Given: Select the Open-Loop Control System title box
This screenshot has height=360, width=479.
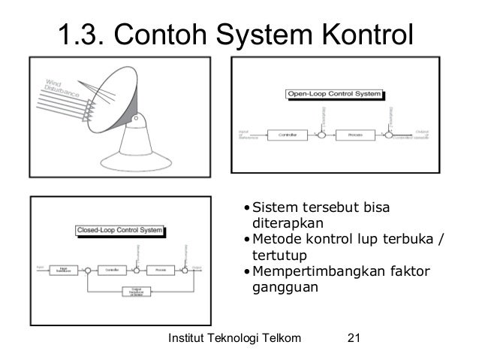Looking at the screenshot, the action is point(334,95).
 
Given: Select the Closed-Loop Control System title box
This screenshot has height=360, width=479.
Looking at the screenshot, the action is point(120,230).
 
